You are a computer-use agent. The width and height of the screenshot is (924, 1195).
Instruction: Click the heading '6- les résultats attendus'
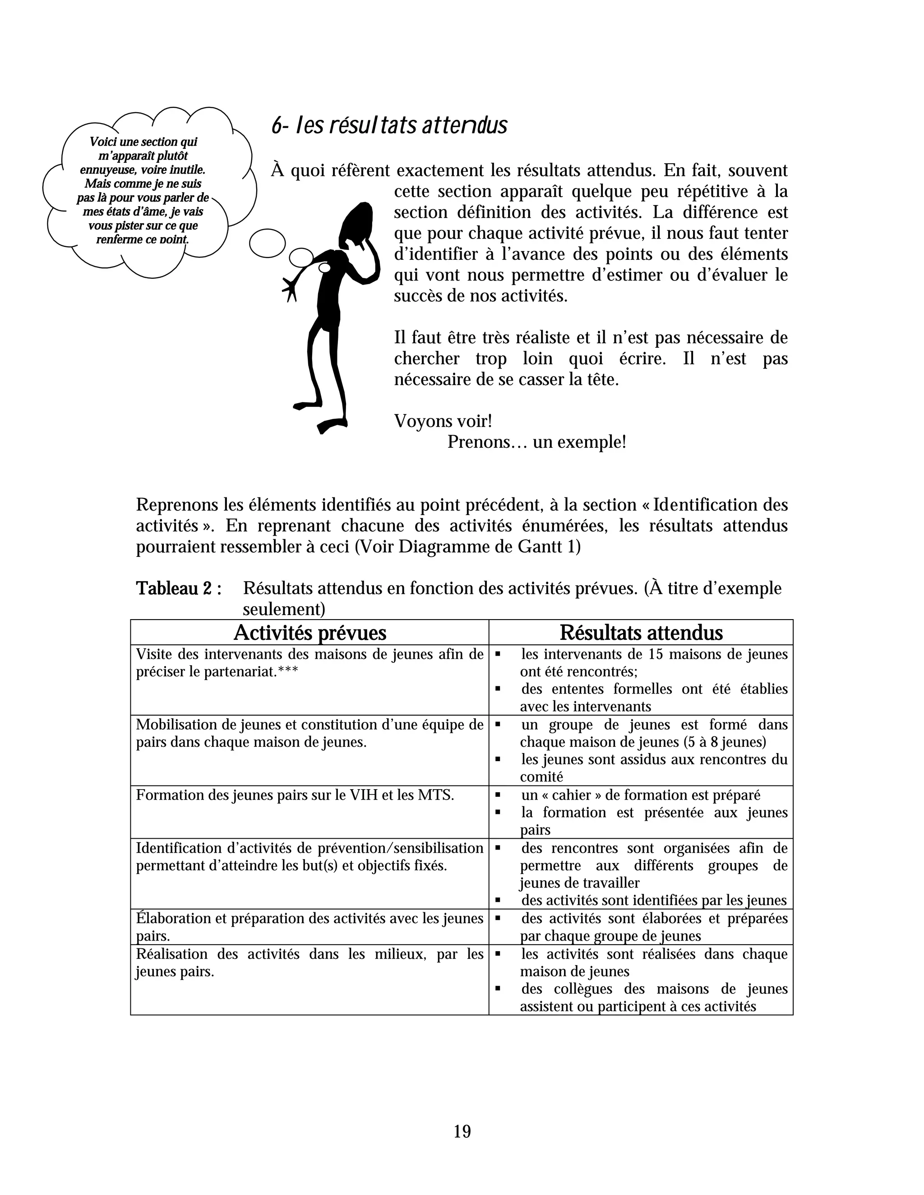click(x=389, y=126)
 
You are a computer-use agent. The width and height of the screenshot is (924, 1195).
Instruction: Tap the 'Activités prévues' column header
click(x=310, y=633)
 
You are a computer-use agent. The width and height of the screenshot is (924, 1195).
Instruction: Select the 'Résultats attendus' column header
click(x=641, y=633)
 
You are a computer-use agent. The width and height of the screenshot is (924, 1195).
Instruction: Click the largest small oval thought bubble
click(x=267, y=243)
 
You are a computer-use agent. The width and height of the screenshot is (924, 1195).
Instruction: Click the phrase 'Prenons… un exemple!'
click(x=536, y=441)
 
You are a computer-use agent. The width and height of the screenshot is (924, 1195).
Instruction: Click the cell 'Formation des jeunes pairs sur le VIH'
click(x=295, y=795)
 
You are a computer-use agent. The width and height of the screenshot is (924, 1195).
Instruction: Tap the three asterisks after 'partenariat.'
click(x=288, y=671)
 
